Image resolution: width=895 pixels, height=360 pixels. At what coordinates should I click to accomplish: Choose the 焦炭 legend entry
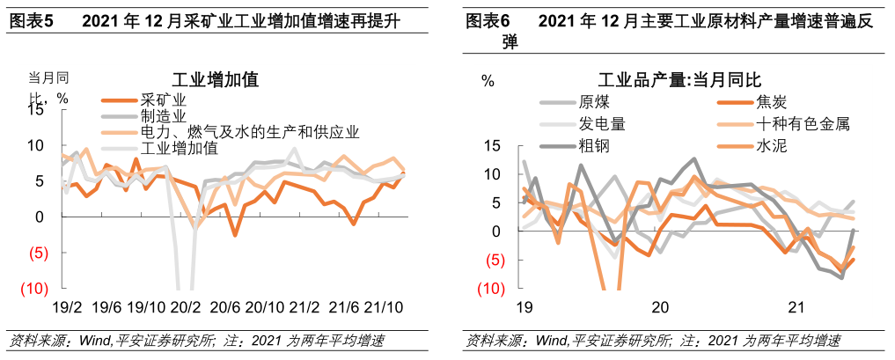click(771, 101)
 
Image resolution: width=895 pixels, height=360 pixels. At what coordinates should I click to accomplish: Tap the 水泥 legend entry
click(771, 145)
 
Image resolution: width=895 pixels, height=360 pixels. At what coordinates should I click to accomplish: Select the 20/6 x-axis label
click(224, 309)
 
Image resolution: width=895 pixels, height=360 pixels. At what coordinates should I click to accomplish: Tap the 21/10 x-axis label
click(385, 309)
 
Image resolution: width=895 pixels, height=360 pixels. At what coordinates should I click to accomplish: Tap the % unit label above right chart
click(488, 81)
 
